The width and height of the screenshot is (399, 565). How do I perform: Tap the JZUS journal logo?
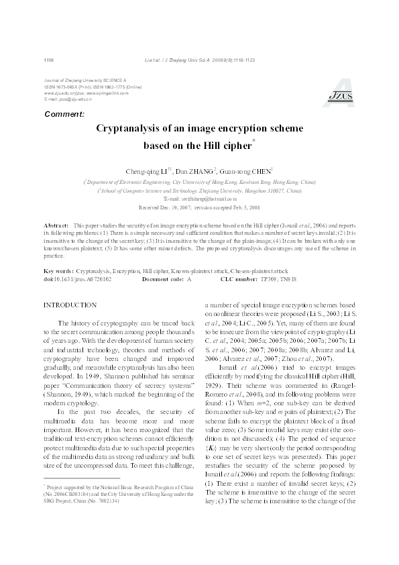coord(340,95)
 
